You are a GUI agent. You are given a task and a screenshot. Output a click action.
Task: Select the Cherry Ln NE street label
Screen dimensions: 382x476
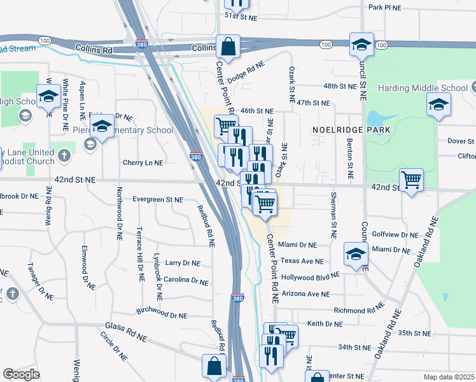[143, 163]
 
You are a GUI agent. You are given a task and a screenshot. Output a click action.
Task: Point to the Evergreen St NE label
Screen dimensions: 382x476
[158, 199]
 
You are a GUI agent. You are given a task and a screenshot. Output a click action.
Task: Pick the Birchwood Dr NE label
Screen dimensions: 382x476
[162, 315]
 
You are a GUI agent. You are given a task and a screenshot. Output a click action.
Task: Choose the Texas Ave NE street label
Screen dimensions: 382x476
[302, 261]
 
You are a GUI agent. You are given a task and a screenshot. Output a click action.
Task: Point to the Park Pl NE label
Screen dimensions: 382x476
[385, 7]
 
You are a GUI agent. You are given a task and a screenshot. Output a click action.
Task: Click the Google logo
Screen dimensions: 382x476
[21, 374]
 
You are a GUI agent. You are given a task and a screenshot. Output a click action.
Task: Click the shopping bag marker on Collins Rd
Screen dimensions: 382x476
[227, 47]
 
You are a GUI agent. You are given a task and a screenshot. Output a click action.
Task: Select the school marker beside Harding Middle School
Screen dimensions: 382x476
[438, 106]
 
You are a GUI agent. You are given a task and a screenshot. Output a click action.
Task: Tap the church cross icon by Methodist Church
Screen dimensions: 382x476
[63, 155]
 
